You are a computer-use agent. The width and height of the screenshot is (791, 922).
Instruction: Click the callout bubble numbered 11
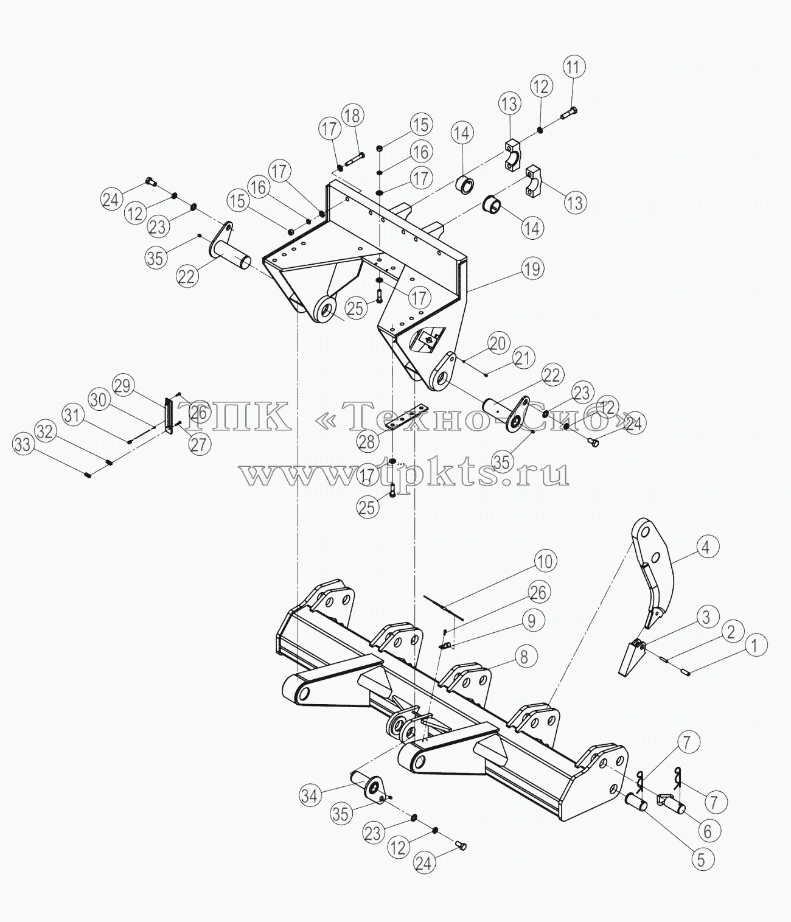pyautogui.click(x=574, y=68)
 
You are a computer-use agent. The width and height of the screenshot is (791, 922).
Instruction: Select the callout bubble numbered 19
pyautogui.click(x=532, y=269)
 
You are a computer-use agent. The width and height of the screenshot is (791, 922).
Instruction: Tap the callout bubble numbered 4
pyautogui.click(x=705, y=547)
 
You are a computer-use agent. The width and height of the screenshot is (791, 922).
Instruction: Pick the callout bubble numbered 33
pyautogui.click(x=23, y=445)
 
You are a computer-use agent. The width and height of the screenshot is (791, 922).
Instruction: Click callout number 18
pyautogui.click(x=353, y=116)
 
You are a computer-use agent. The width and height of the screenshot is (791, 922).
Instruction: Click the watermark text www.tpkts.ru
pyautogui.click(x=405, y=473)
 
